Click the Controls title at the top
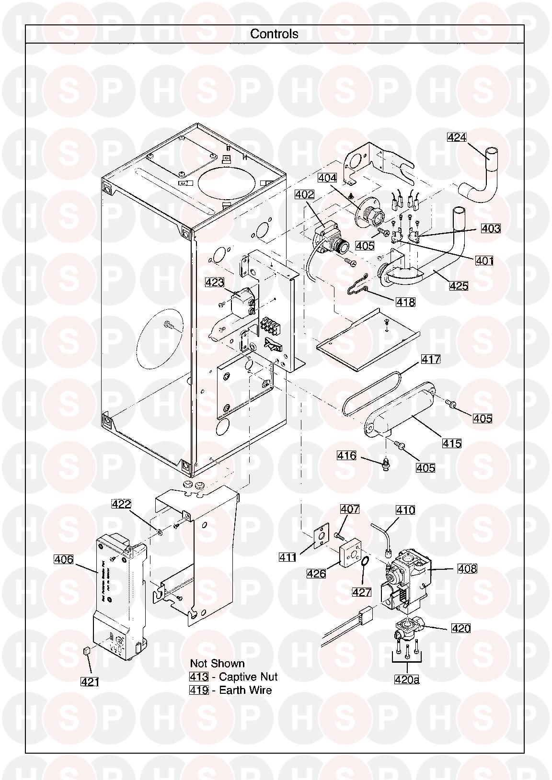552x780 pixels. click(274, 34)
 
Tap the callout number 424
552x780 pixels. click(457, 137)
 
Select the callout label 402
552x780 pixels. click(305, 194)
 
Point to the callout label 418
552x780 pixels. click(405, 302)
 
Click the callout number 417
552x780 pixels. click(431, 359)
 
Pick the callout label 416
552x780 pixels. click(346, 455)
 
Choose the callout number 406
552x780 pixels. click(64, 559)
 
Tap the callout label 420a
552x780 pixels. click(407, 678)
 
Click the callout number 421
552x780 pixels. click(90, 681)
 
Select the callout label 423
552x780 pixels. click(215, 283)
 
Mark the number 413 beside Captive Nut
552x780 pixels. click(199, 677)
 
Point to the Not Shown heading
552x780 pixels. click(217, 663)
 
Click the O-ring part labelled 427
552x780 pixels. click(366, 562)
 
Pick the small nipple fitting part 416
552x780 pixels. click(385, 464)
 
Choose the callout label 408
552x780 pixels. click(467, 569)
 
